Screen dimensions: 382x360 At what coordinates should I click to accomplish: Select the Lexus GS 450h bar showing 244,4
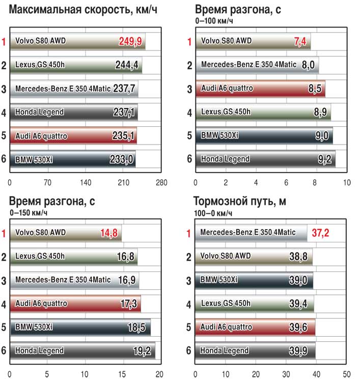pyautogui.click(x=75, y=65)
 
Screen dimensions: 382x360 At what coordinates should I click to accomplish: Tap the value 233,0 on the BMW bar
pyautogui.click(x=122, y=159)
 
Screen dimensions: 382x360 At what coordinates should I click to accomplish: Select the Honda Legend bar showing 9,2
pyautogui.click(x=265, y=159)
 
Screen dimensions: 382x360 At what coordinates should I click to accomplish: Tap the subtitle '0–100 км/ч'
pyautogui.click(x=214, y=21)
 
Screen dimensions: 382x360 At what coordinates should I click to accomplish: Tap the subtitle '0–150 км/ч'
pyautogui.click(x=29, y=212)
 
